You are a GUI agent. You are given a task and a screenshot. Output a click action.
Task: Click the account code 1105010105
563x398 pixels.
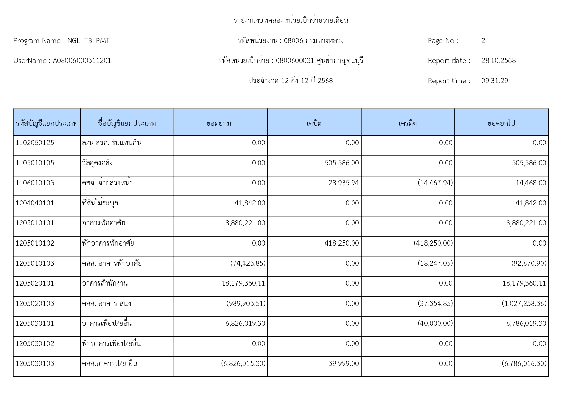[x=35, y=163]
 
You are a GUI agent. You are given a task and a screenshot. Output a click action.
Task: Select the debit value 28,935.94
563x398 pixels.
[x=343, y=183]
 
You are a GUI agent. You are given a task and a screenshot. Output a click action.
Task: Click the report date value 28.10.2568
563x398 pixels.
[x=498, y=61]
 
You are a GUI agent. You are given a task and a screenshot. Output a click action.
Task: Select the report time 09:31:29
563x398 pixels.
[x=494, y=81]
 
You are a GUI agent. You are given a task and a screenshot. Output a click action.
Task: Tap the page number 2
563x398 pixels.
[x=483, y=41]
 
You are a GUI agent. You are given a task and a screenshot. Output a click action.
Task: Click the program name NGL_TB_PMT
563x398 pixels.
[x=89, y=41]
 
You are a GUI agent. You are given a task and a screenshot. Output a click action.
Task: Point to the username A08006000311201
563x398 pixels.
[x=82, y=61]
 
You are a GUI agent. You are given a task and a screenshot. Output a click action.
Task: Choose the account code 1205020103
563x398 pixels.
[x=35, y=304]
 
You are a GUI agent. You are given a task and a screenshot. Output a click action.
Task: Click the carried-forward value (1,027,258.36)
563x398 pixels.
[x=524, y=304]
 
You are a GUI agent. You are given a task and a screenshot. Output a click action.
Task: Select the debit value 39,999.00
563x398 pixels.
[x=343, y=364]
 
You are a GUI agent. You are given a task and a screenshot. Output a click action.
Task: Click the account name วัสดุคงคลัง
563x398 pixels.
[x=97, y=163]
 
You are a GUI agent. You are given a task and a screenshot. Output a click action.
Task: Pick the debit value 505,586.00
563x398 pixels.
[x=342, y=163]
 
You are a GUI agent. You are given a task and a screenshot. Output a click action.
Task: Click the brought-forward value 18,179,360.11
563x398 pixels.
[x=243, y=283]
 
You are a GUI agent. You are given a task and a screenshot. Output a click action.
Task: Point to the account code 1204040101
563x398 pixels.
[x=35, y=203]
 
